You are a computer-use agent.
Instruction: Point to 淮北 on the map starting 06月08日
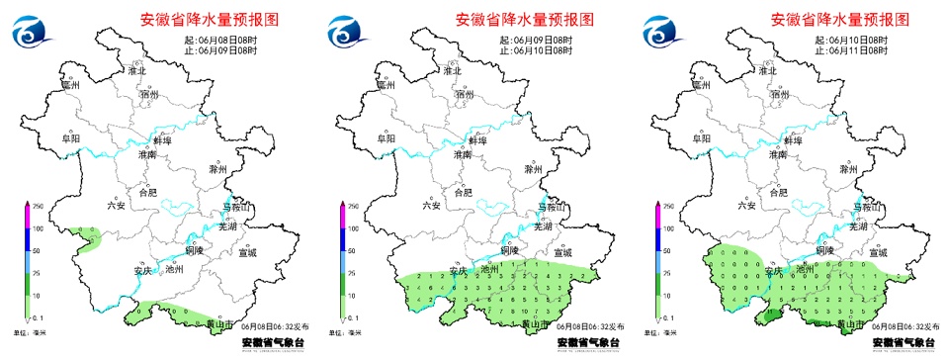coord(136,72)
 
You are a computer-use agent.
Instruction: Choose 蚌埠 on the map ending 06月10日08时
coord(477,140)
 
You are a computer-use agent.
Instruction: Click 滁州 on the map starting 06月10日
coord(851,170)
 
